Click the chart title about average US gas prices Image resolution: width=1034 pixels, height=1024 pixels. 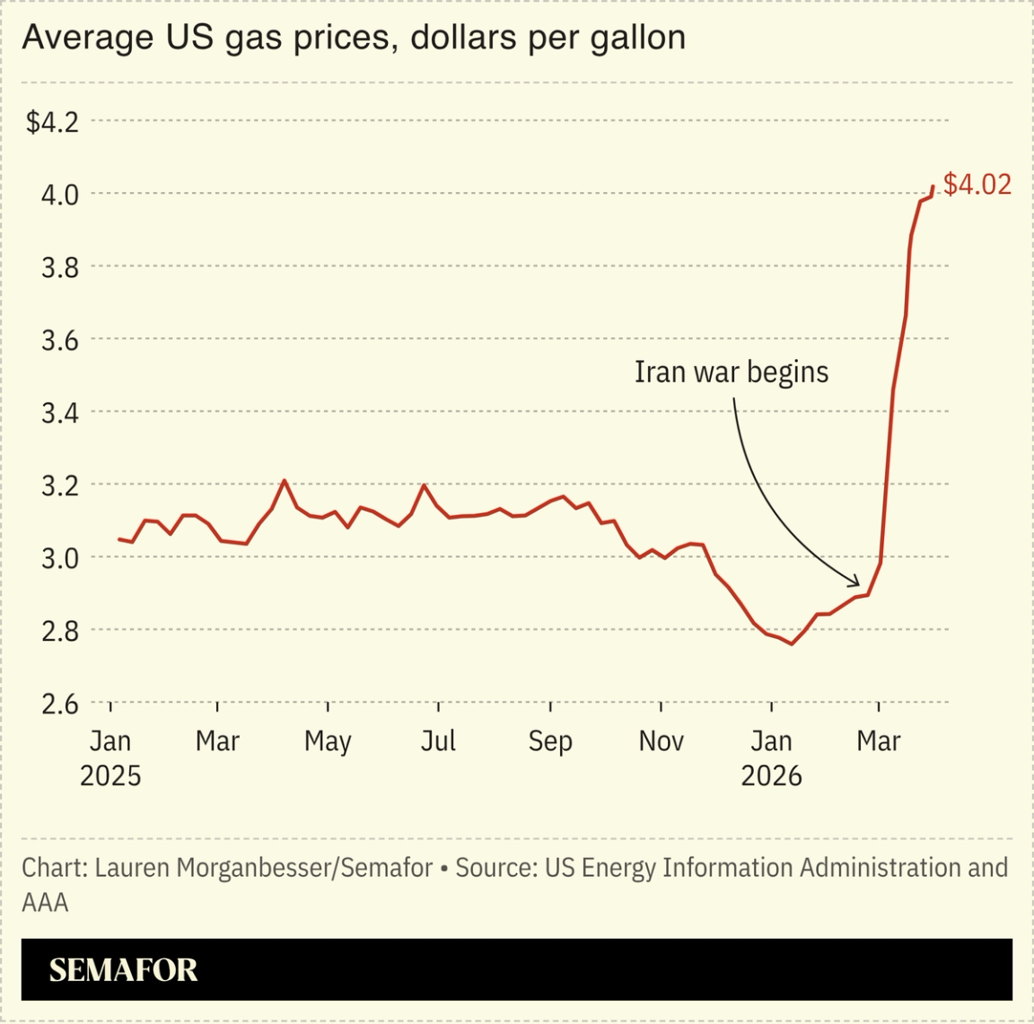pyautogui.click(x=354, y=38)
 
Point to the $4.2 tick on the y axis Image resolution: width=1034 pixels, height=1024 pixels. pyautogui.click(x=52, y=121)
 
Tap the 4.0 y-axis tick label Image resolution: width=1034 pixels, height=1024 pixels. pyautogui.click(x=60, y=194)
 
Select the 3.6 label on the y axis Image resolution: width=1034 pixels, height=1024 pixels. pyautogui.click(x=60, y=340)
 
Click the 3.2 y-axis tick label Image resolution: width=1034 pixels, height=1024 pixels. pyautogui.click(x=60, y=486)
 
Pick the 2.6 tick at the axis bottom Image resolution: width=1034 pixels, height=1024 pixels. pyautogui.click(x=60, y=704)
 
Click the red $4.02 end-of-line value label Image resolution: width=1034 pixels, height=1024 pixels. pyautogui.click(x=977, y=184)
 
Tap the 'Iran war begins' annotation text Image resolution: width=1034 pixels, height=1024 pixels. pyautogui.click(x=731, y=372)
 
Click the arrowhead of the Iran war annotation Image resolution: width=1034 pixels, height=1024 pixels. pyautogui.click(x=856, y=583)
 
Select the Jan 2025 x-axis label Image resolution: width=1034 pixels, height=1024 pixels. pyautogui.click(x=110, y=757)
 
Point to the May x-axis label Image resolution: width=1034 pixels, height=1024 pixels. pyautogui.click(x=328, y=741)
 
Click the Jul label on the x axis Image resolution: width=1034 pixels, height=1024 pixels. pyautogui.click(x=438, y=741)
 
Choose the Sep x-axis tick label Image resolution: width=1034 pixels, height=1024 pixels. pyautogui.click(x=549, y=741)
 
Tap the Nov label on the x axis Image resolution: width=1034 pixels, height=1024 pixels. pyautogui.click(x=661, y=741)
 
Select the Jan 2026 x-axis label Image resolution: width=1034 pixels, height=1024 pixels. pyautogui.click(x=771, y=757)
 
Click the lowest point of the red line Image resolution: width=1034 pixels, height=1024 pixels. pyautogui.click(x=791, y=643)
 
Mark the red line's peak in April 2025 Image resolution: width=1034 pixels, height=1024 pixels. pyautogui.click(x=285, y=480)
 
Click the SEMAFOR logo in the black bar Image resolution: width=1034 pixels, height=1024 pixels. pyautogui.click(x=123, y=970)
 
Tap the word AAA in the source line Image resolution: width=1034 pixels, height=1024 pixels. pyautogui.click(x=45, y=902)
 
